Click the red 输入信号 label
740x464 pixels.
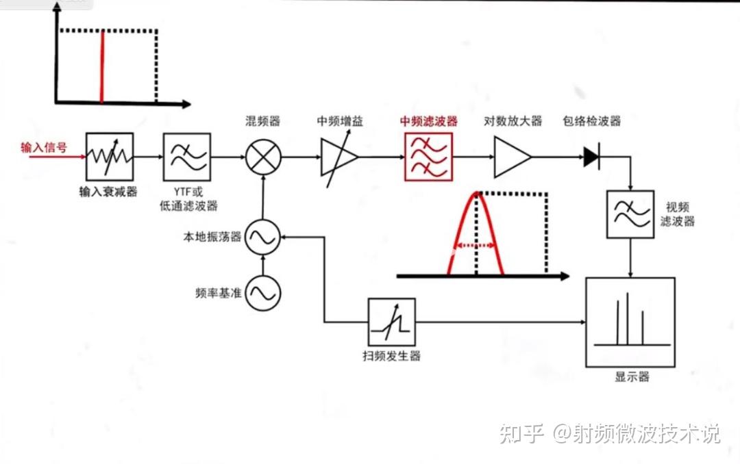[x=44, y=146]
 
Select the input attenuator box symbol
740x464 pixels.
[x=110, y=157]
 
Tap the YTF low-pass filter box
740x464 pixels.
[x=187, y=157]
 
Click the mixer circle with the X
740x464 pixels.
[x=262, y=157]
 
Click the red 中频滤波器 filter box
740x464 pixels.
[x=428, y=157]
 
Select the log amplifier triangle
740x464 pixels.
[x=510, y=157]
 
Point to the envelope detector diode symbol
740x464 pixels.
[x=591, y=157]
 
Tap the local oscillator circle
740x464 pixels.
[x=262, y=237]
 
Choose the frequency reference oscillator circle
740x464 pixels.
[x=262, y=294]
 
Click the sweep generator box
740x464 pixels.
[x=392, y=322]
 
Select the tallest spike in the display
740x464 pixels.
[x=627, y=318]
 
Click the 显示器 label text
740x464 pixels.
[x=631, y=377]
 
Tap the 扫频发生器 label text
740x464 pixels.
[x=391, y=356]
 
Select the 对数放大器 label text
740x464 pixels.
[x=513, y=121]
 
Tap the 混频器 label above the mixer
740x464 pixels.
[x=262, y=121]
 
